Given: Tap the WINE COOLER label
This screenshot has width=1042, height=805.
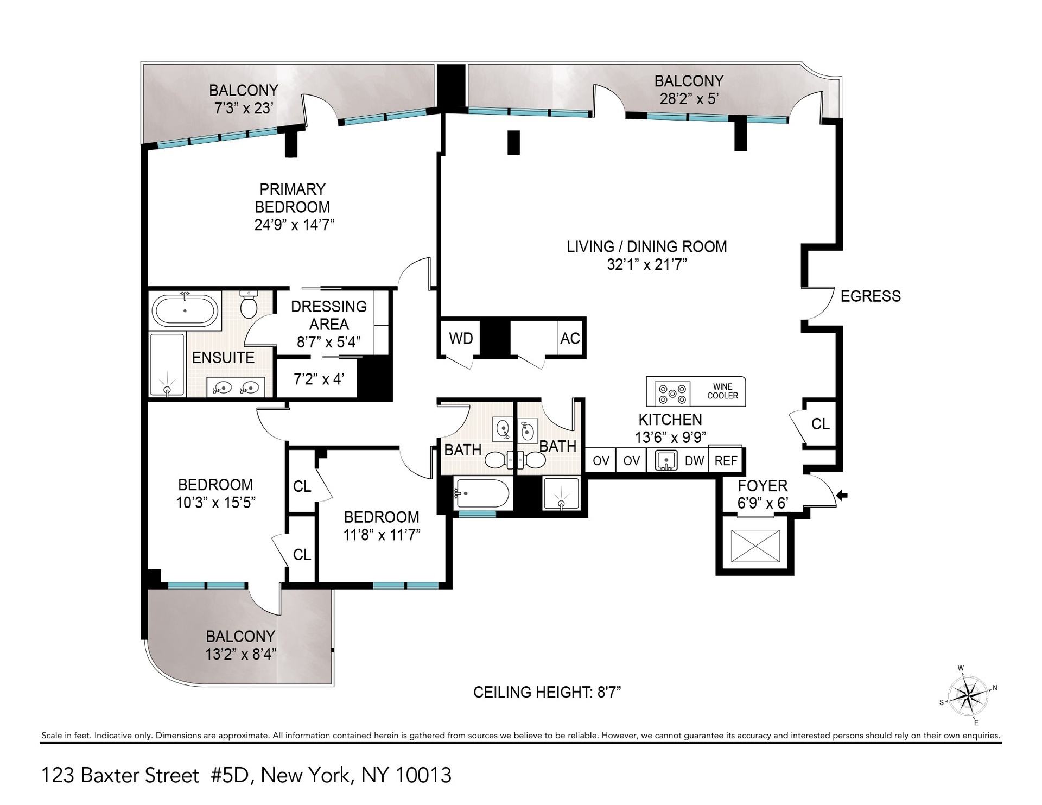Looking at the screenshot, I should click(x=722, y=391).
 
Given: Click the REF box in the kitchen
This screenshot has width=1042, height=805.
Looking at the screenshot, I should click(x=726, y=461).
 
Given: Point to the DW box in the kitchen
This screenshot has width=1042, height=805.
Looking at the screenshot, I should click(x=694, y=461).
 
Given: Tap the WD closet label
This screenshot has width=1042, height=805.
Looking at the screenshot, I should click(x=461, y=339).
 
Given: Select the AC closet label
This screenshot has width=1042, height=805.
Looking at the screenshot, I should click(x=570, y=339).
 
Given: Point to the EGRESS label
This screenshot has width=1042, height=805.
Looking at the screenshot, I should click(x=870, y=296).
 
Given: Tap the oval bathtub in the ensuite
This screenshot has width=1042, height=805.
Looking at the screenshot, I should click(x=185, y=311).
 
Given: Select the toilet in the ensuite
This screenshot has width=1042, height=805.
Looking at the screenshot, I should click(x=249, y=305).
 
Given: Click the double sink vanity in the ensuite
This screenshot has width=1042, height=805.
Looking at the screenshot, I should click(x=236, y=388).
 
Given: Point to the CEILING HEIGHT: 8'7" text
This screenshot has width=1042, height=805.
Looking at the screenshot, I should click(x=547, y=692).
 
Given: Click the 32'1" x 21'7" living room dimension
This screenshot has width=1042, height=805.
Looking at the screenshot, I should click(x=646, y=265).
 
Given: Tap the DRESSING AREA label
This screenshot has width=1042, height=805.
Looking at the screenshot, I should click(x=328, y=315).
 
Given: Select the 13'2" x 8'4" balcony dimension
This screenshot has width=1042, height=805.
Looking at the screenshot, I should click(x=240, y=654).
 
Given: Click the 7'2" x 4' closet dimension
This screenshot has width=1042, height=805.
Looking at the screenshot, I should click(x=319, y=379).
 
